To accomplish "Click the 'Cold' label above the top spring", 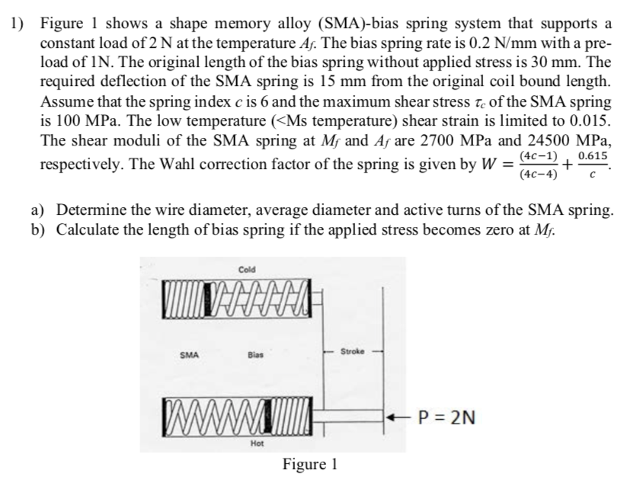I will click(x=247, y=270).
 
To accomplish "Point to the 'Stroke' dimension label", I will click(x=352, y=352).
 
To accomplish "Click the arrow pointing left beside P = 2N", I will click(x=400, y=417).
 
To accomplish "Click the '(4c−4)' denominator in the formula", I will click(x=537, y=174).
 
